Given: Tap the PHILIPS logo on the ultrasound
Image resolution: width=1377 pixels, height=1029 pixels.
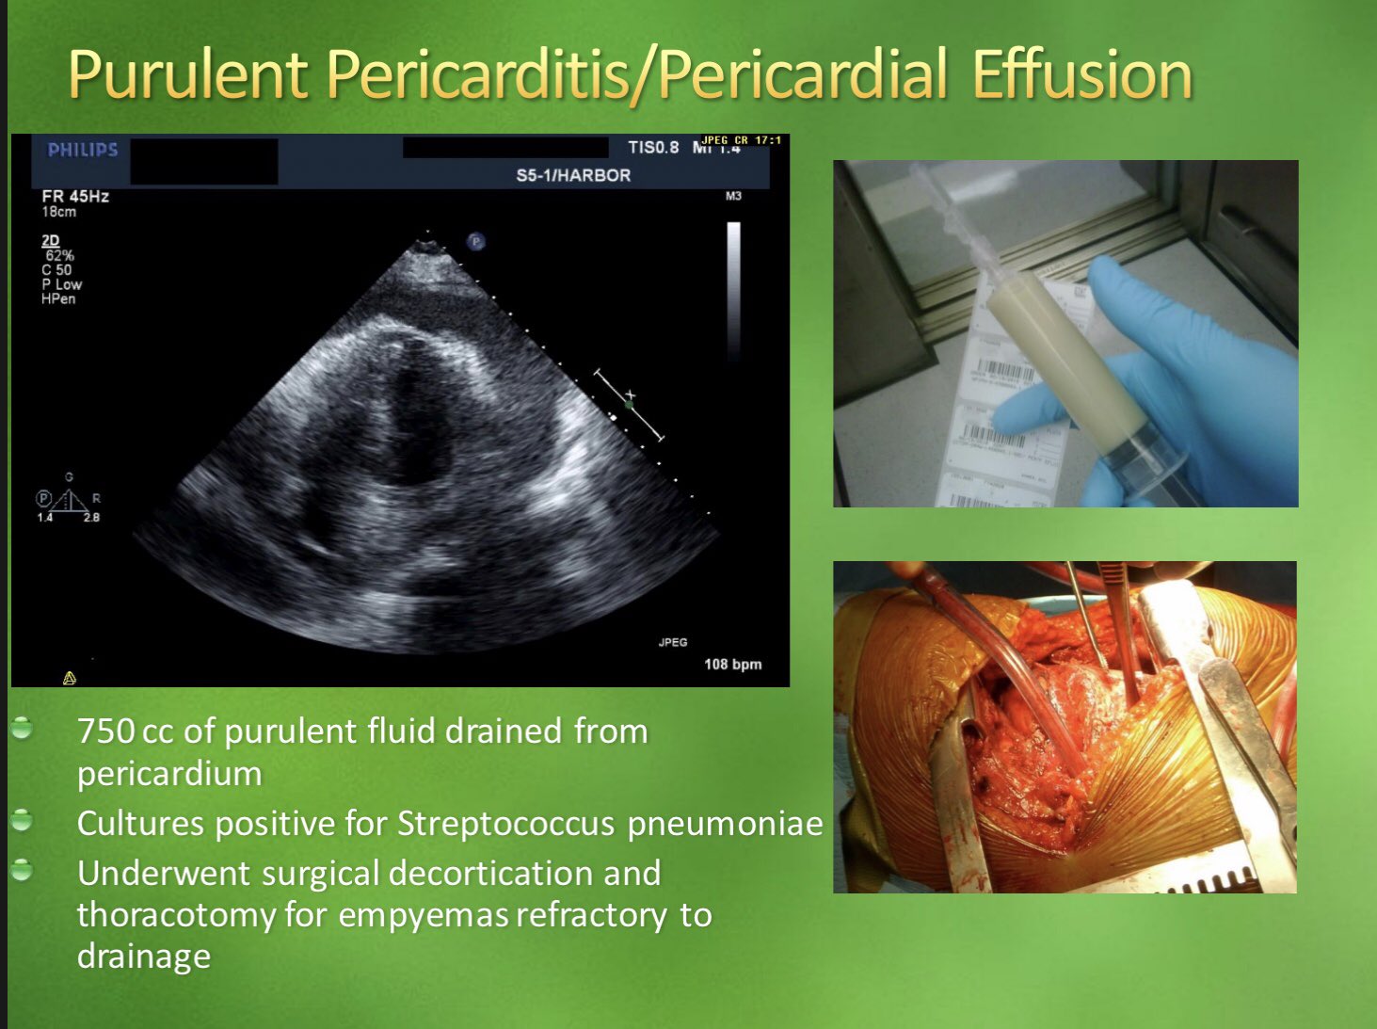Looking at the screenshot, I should [83, 150].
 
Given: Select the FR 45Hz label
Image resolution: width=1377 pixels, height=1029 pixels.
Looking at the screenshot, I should [75, 196].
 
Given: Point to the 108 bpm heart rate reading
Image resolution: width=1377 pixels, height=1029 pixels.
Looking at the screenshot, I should [732, 664].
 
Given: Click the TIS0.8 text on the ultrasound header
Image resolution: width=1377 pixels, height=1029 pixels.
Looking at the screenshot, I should [653, 148].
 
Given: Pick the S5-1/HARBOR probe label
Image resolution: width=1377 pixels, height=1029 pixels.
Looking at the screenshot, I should [573, 175].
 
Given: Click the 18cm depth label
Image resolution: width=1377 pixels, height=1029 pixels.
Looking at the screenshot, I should [58, 212].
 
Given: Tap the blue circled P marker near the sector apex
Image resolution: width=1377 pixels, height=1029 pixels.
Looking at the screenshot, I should [476, 242].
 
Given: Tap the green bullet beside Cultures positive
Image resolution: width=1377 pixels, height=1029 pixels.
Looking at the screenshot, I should [22, 821].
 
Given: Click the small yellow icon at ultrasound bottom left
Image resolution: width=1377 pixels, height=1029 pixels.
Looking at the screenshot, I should [69, 677].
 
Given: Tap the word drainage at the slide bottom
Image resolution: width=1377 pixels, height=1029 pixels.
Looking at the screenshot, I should [143, 956].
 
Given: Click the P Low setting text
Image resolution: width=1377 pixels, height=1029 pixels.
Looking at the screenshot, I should [61, 284].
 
